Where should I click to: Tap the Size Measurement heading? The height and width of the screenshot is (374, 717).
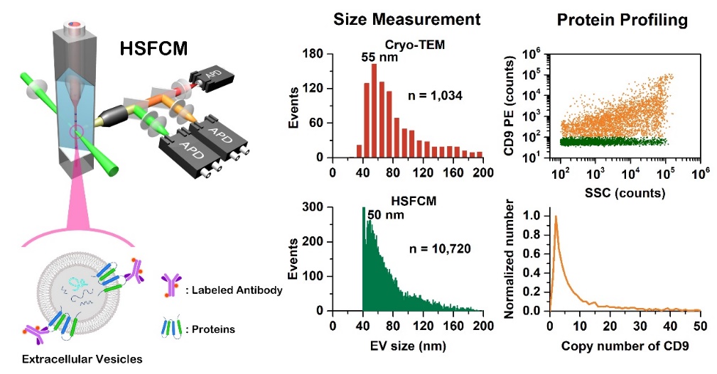pos(407,19)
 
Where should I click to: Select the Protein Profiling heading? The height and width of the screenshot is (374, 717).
pos(622,19)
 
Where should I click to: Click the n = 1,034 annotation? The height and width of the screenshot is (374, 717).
pos(433,94)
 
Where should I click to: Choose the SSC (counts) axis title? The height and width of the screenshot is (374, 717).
pos(625,192)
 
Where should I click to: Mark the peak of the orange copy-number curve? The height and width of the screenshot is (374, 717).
pos(556,216)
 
